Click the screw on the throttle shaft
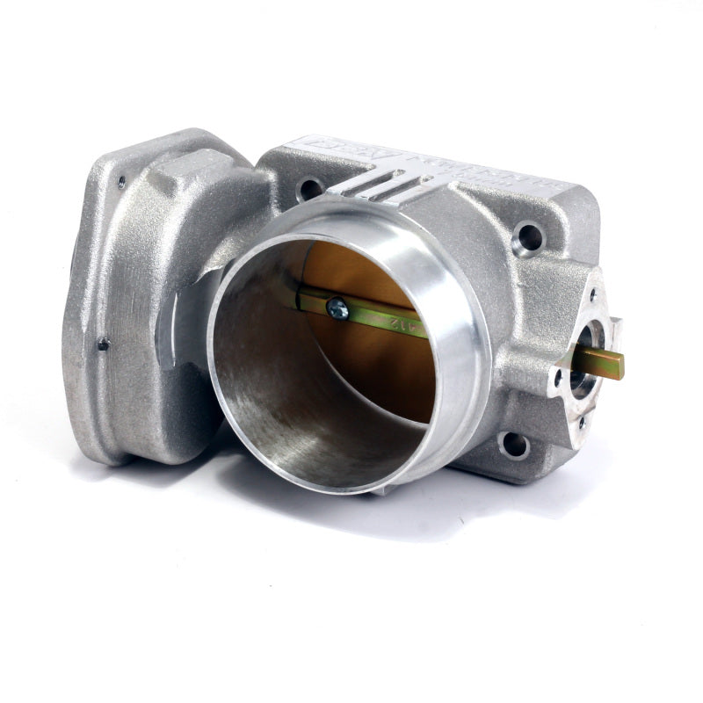tap(337, 308)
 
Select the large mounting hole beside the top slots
tap(310, 187)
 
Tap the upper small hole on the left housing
tap(120, 182)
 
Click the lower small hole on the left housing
tap(103, 344)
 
